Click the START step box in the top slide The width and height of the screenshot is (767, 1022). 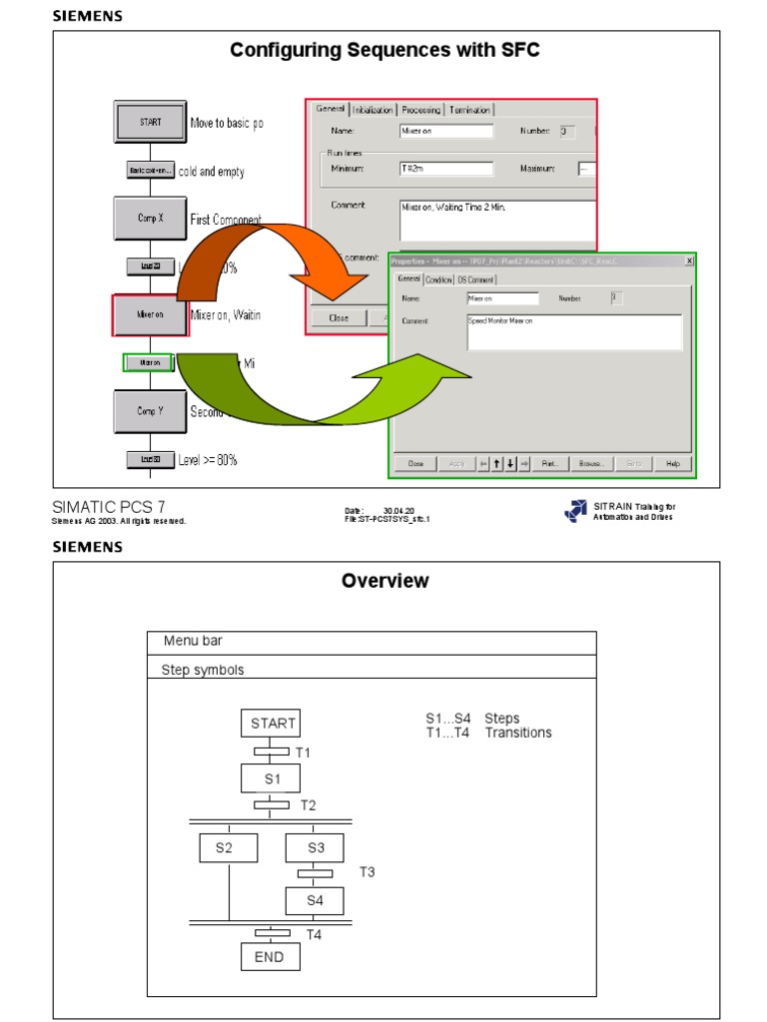150,122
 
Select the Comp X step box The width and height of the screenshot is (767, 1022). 150,218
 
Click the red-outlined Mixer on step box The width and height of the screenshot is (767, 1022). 150,314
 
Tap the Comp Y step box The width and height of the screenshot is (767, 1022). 150,410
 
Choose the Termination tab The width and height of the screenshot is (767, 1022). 468,110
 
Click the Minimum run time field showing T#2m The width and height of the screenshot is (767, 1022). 446,169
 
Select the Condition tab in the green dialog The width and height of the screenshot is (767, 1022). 439,279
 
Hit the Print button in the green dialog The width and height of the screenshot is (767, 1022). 550,463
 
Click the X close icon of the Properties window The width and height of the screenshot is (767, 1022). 688,260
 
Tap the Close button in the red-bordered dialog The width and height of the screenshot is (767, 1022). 339,318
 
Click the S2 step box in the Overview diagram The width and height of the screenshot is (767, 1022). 229,848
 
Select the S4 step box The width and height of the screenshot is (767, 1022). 315,900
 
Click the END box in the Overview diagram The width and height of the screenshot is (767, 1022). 270,957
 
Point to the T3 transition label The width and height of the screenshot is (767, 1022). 368,872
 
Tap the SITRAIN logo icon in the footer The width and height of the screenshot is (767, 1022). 575,510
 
